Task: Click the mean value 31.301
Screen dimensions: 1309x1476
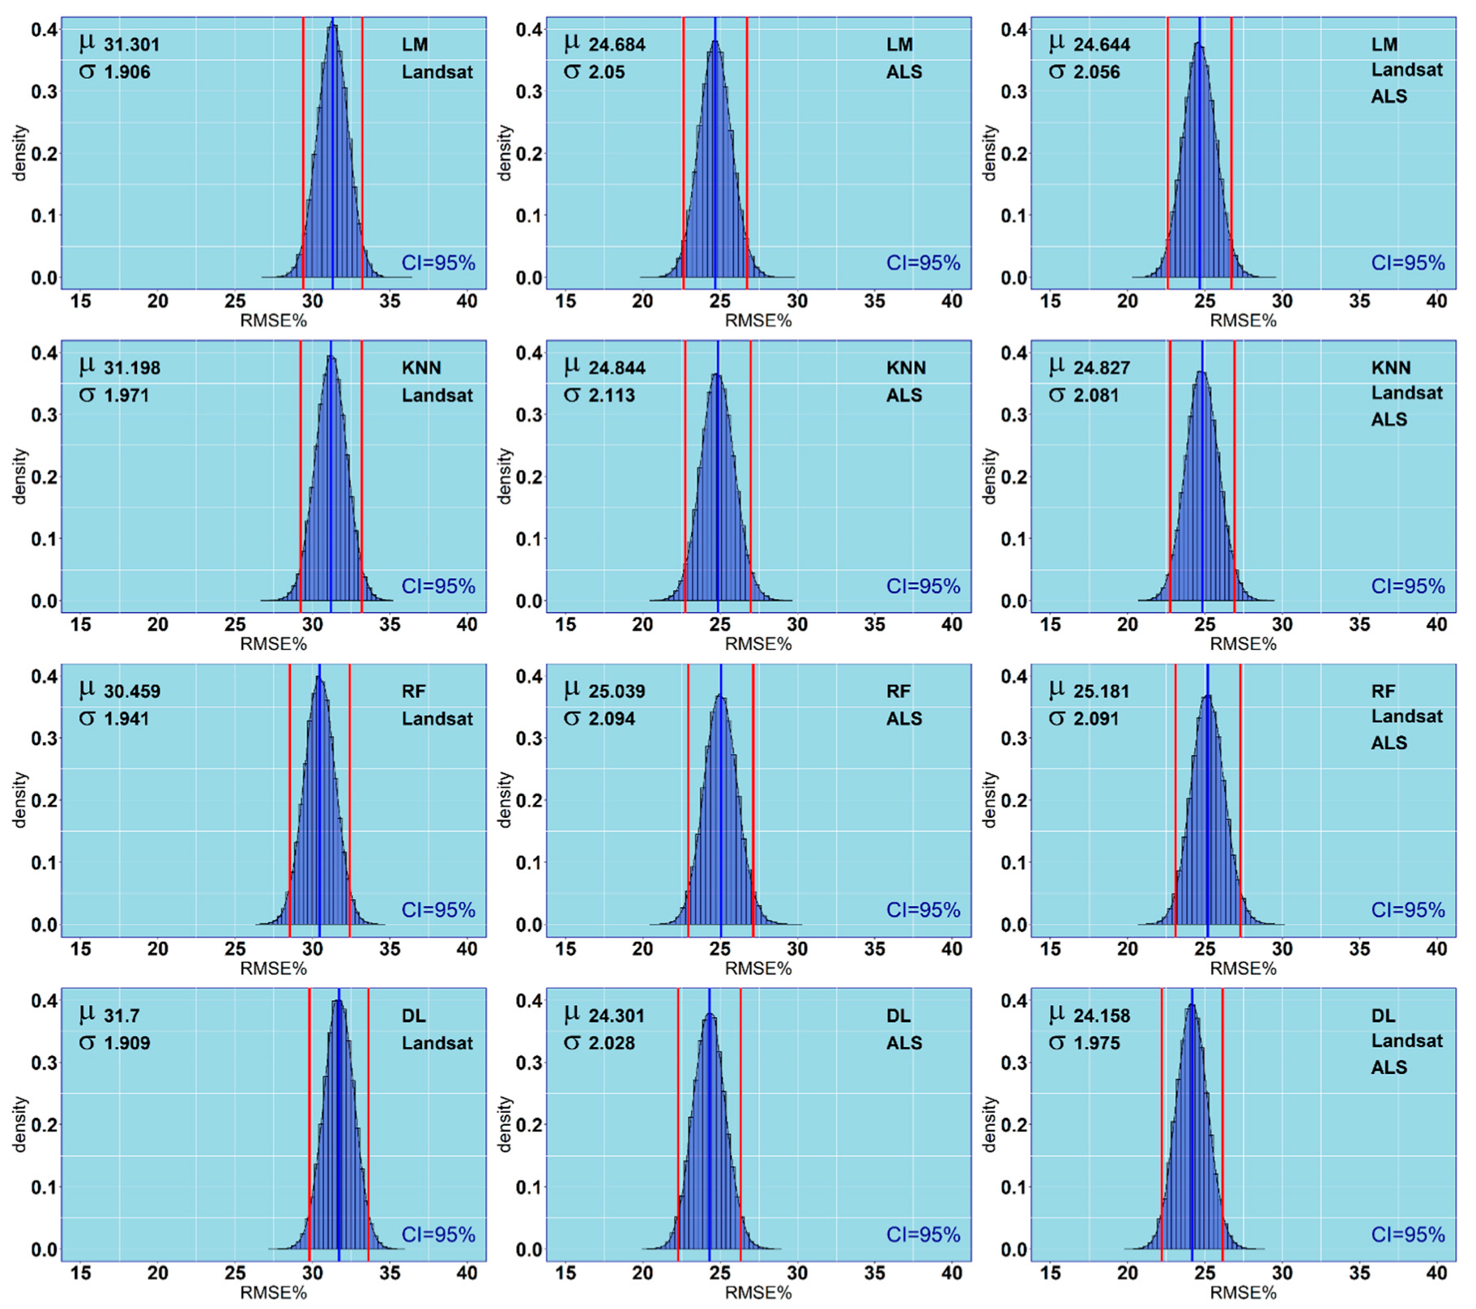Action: click(131, 45)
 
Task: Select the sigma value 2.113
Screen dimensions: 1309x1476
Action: click(612, 396)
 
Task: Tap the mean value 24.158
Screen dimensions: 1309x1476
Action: click(1101, 1016)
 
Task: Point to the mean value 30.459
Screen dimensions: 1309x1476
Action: click(131, 691)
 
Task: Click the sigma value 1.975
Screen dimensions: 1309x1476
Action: click(1096, 1043)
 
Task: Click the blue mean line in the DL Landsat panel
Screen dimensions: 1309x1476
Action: click(339, 1135)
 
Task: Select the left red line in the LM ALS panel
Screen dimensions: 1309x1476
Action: click(684, 154)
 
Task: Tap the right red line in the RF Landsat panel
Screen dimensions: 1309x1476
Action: click(349, 802)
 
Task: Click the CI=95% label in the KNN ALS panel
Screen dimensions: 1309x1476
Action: click(923, 586)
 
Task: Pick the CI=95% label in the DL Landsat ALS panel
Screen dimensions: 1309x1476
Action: click(1407, 1234)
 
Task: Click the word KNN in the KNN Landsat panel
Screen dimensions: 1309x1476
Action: click(421, 368)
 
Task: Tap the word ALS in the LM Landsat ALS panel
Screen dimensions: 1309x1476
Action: click(1389, 96)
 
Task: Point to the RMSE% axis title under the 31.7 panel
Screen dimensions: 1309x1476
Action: click(273, 1293)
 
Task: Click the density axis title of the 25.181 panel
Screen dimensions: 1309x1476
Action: click(989, 800)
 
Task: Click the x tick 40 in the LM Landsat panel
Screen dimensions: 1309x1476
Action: click(467, 302)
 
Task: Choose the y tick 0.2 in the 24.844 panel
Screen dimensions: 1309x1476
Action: click(529, 477)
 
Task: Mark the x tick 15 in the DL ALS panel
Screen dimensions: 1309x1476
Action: click(565, 1273)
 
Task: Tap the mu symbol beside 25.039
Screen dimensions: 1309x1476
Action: click(572, 689)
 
